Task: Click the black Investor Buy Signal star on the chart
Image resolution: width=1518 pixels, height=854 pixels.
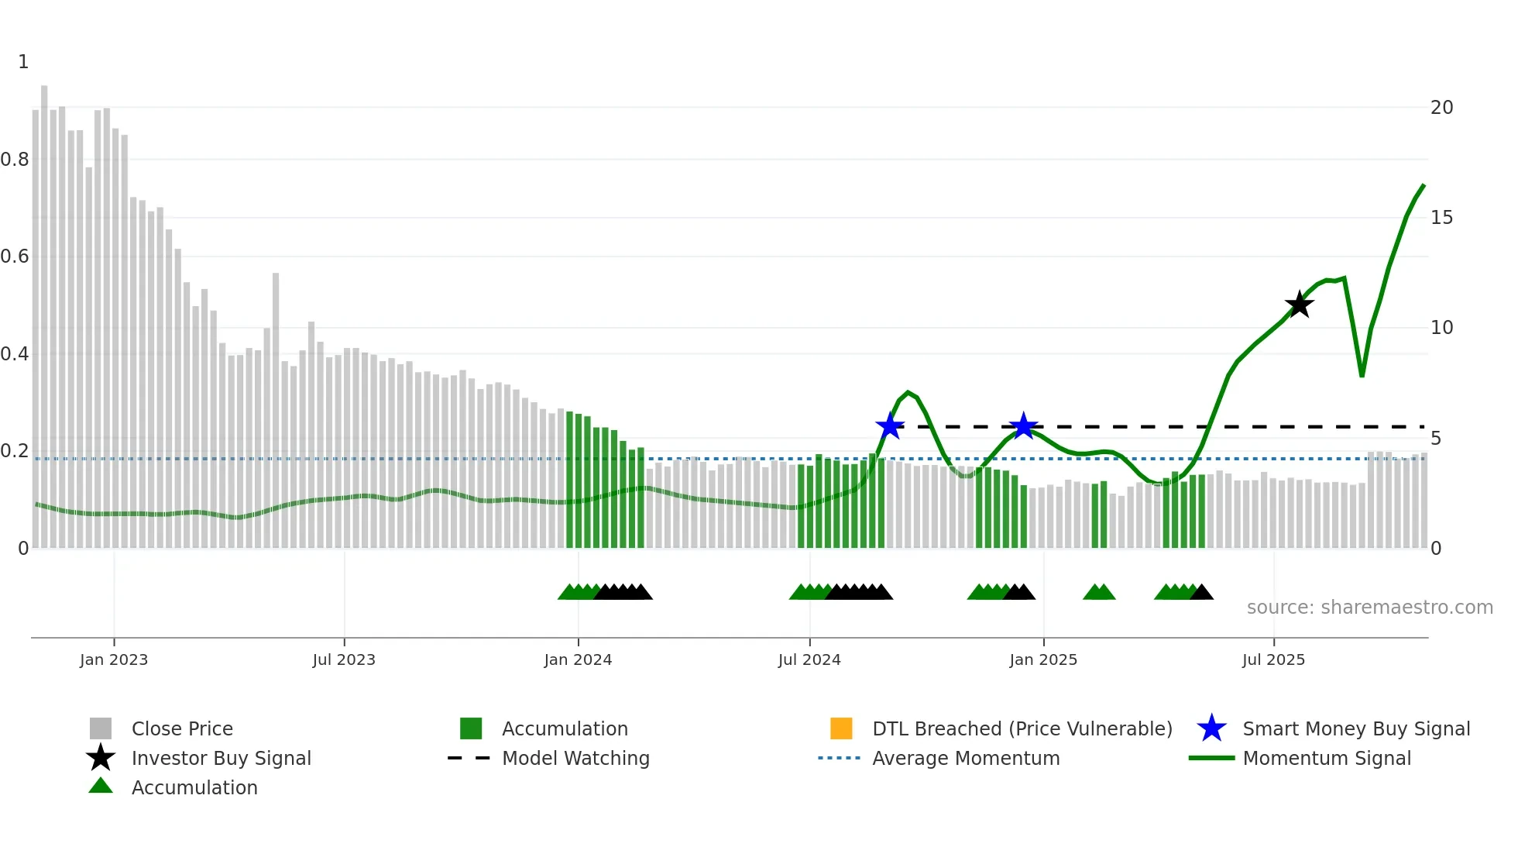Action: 1299,305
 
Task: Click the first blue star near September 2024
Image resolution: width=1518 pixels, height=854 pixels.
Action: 890,426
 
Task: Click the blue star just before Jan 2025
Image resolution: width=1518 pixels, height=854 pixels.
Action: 1024,426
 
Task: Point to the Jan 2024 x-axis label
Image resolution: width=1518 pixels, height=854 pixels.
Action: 578,659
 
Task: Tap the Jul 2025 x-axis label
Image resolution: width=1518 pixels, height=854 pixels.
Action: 1273,659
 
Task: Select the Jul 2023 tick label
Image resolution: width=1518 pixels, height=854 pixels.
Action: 344,659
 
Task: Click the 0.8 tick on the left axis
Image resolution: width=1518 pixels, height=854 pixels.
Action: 15,160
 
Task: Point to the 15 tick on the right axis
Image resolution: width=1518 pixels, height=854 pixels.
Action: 1441,218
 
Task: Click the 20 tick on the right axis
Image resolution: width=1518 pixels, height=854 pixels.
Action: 1441,108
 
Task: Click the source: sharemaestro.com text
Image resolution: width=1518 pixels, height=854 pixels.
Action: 1369,608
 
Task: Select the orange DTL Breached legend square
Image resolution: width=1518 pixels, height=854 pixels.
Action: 841,728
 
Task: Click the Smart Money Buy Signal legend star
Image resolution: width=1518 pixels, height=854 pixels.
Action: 1211,728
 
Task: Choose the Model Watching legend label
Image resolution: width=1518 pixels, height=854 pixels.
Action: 575,758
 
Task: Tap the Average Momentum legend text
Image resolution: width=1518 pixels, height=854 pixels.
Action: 966,758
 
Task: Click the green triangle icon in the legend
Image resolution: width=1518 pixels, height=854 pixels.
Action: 101,786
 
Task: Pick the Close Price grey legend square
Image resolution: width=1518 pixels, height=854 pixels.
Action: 101,728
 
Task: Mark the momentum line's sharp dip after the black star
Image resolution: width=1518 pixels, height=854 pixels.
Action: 1362,376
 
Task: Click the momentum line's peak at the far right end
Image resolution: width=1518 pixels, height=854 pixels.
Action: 1424,185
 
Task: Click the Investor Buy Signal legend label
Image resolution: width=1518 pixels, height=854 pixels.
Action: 221,758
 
